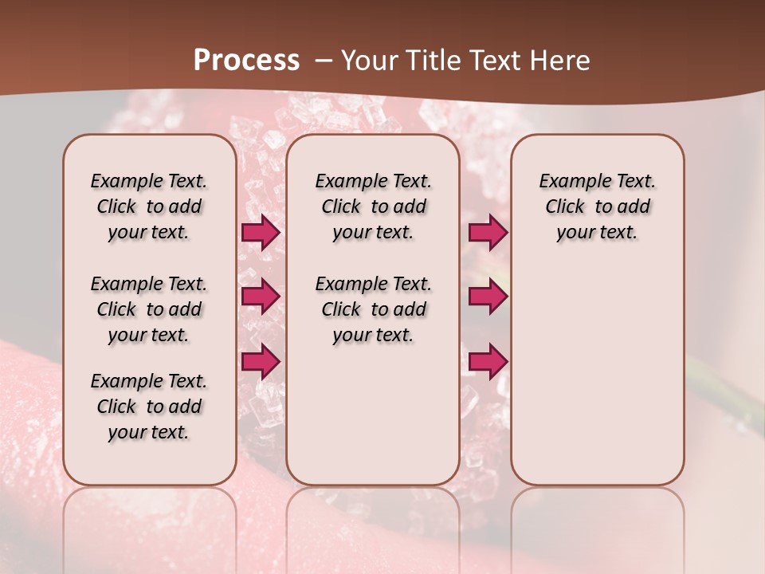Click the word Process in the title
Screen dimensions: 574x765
click(246, 61)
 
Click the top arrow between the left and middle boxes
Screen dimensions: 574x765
click(261, 233)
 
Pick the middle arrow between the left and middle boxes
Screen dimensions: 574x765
click(261, 297)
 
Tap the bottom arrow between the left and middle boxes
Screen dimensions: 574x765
click(261, 361)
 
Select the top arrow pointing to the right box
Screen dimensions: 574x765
click(488, 233)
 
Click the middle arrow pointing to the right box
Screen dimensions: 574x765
click(488, 297)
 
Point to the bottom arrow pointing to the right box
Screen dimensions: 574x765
click(488, 361)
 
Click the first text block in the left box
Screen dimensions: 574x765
click(149, 206)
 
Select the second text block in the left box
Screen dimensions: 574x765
click(149, 309)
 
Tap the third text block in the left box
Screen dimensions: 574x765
click(149, 407)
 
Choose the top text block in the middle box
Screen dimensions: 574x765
click(373, 206)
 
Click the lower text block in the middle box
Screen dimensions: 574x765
click(373, 309)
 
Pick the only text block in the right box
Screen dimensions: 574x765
click(598, 206)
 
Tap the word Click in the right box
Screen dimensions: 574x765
click(565, 206)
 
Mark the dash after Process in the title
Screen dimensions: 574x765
click(323, 61)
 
